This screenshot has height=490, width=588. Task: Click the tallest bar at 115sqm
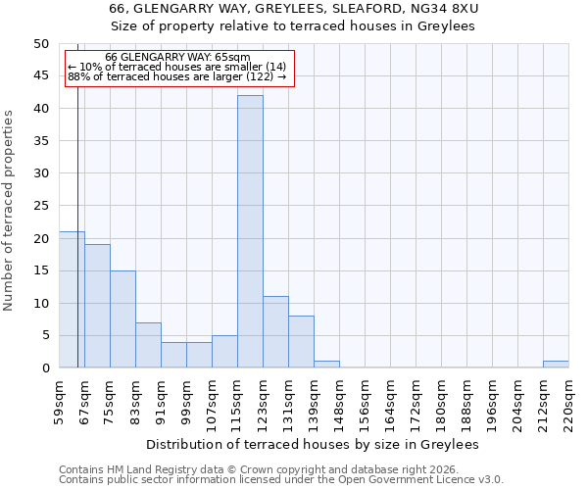pos(250,231)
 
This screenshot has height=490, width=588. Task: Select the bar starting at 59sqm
pos(72,299)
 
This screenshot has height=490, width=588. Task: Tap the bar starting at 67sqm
pos(97,306)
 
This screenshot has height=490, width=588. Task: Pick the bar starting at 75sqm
pos(122,318)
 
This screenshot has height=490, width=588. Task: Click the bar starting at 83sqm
pos(148,345)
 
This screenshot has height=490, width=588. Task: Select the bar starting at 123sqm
pos(275,332)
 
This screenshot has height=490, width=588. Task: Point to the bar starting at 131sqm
pos(301,342)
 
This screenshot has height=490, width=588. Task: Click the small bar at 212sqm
pos(556,365)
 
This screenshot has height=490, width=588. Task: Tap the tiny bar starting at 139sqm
pos(326,365)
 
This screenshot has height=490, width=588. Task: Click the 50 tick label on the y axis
pos(40,44)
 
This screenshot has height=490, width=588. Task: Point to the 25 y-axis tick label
pos(40,206)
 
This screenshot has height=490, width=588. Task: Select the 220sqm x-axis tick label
pos(569,402)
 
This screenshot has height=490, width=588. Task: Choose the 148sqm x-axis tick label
pos(339,402)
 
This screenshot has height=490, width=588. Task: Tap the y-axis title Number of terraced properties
pos(10,211)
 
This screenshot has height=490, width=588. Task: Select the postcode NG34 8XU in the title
pos(447,9)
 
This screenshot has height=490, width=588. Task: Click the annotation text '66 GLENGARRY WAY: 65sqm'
pos(177,58)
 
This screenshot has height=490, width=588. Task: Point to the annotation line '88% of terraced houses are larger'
pos(177,76)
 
